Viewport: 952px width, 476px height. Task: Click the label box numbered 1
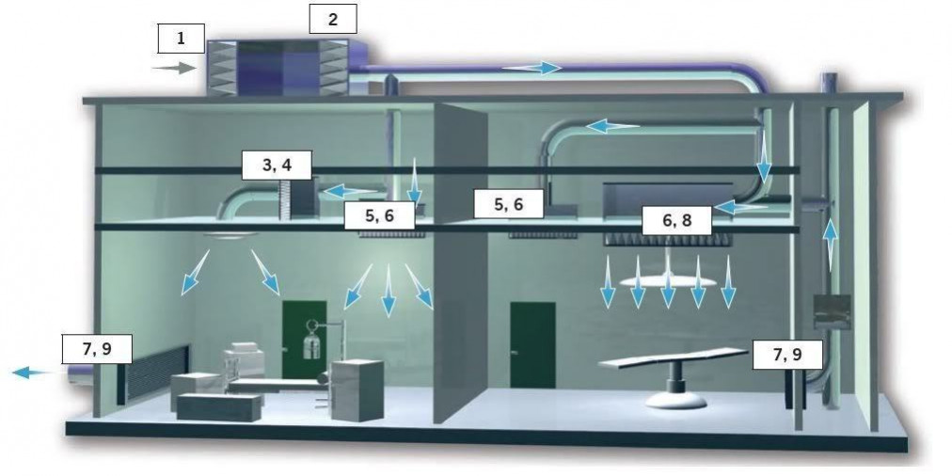(181, 39)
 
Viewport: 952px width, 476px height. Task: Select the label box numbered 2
(333, 19)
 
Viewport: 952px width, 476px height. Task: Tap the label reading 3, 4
(277, 166)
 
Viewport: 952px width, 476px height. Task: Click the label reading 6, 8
(677, 220)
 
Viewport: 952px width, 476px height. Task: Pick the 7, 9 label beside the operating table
(788, 355)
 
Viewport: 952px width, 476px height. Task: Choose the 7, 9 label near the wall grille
(97, 349)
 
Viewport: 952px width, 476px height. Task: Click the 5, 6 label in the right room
(509, 204)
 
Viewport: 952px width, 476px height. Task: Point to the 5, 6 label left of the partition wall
(379, 215)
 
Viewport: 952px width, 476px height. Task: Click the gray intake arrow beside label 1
(174, 69)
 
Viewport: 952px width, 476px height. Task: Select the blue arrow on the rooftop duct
(532, 68)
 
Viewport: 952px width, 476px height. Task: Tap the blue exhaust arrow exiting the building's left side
(33, 372)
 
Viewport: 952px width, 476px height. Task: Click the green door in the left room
(304, 339)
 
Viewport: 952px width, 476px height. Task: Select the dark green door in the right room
(532, 345)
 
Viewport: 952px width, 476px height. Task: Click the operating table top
(673, 357)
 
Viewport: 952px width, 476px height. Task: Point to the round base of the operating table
(675, 400)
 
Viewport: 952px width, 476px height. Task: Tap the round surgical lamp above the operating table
(668, 281)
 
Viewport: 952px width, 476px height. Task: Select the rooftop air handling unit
(278, 68)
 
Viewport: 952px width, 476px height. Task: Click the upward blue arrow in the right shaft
(831, 245)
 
